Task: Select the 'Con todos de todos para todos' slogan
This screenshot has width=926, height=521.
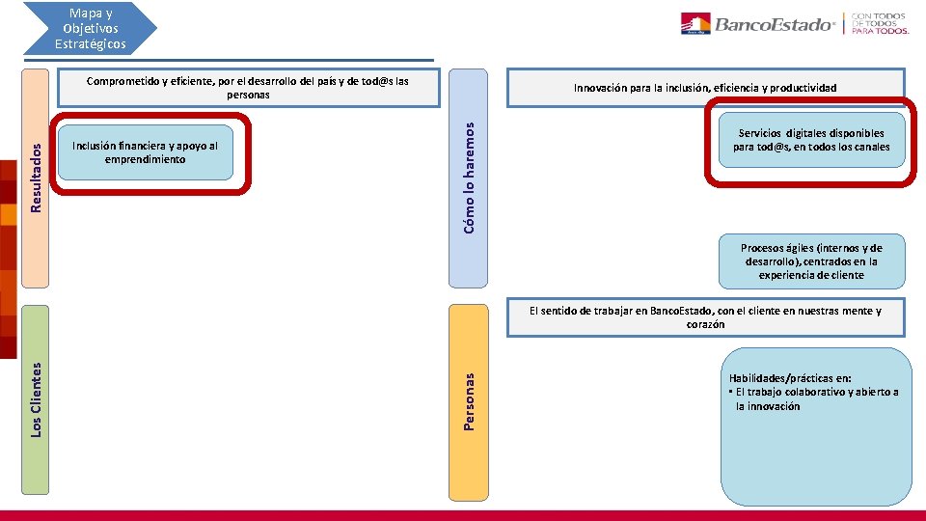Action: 879,23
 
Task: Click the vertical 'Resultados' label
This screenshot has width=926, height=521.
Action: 36,178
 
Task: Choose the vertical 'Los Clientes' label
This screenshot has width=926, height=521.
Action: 36,399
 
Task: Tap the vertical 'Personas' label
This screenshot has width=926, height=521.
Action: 469,402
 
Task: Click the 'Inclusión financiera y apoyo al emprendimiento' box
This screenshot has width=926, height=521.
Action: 146,152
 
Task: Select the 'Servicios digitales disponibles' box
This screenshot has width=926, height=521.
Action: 811,141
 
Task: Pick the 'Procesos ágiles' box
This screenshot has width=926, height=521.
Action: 811,261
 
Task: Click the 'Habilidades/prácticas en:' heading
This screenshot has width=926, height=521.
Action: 783,379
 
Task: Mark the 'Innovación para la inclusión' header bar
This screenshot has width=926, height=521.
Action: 705,88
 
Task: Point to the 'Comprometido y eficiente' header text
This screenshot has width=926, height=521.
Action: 248,88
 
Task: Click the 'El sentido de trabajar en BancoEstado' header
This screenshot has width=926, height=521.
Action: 705,317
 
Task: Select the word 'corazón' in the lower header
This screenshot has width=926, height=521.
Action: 705,325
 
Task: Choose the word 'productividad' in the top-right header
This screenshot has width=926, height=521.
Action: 805,88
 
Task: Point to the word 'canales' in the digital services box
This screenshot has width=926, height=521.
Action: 870,148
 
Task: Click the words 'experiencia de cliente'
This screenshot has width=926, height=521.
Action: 811,275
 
